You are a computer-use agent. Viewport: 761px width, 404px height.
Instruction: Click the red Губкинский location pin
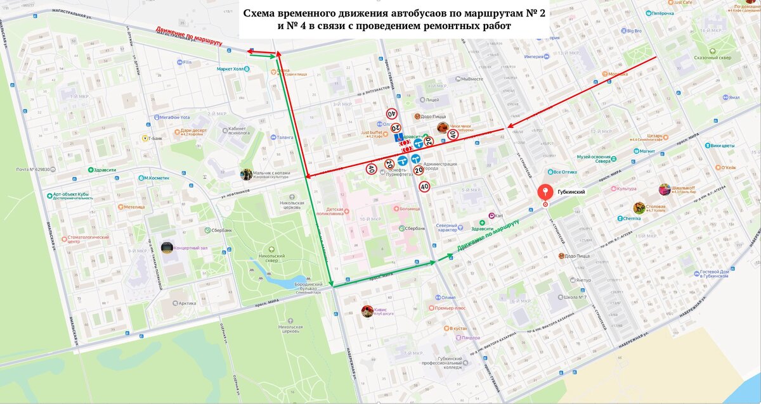click(544, 193)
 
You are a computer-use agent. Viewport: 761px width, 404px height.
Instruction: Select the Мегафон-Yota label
click(174, 117)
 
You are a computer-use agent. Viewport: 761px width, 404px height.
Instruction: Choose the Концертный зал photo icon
click(167, 247)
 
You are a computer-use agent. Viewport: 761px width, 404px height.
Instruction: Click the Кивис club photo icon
click(367, 311)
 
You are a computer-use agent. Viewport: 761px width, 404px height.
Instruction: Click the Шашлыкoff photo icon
click(664, 189)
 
